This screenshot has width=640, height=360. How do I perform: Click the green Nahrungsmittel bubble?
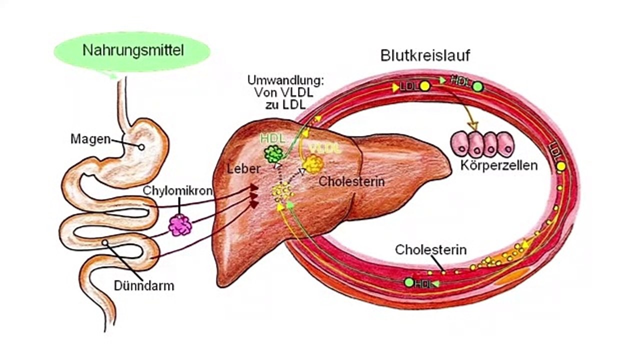132,50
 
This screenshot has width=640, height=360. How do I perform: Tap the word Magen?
90,138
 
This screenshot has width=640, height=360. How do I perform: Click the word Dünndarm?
143,286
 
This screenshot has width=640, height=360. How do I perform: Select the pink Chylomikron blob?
180,225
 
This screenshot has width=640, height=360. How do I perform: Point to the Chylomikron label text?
178,191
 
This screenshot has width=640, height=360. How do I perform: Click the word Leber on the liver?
243,169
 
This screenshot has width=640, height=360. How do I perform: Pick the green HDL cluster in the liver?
274,154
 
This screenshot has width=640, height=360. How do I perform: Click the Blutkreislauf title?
425,55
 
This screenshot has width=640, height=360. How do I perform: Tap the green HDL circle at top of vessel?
478,86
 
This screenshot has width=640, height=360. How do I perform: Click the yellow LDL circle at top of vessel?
424,86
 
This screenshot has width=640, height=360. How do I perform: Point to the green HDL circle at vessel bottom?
409,282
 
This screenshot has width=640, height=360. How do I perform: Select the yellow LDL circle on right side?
561,166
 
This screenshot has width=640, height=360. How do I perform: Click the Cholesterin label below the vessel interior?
430,249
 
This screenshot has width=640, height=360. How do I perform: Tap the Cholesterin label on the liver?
351,181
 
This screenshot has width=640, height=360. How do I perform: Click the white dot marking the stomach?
141,147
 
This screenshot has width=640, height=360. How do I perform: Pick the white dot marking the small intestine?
105,242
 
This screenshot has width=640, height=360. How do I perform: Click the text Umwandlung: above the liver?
285,80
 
